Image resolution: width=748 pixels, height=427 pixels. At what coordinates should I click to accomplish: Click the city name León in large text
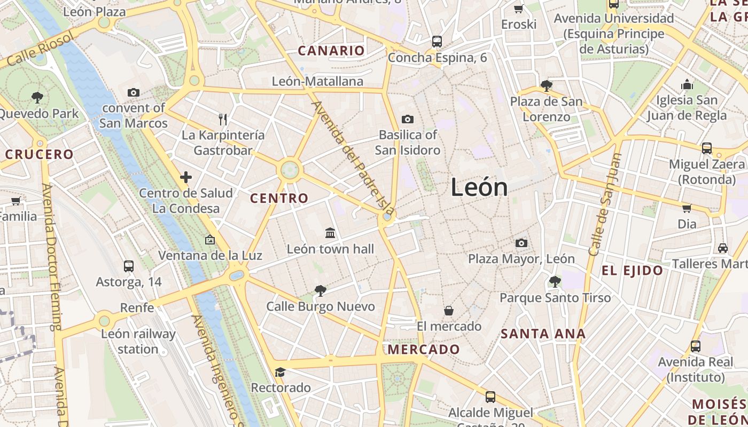pyautogui.click(x=479, y=187)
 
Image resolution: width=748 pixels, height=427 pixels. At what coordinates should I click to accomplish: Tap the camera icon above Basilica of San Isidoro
pyautogui.click(x=408, y=119)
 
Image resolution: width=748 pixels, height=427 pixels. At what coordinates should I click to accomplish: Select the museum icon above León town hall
pyautogui.click(x=330, y=233)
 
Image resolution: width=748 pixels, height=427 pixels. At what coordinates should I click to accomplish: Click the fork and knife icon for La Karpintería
pyautogui.click(x=223, y=119)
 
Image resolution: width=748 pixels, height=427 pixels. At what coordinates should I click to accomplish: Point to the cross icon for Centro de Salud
pyautogui.click(x=186, y=177)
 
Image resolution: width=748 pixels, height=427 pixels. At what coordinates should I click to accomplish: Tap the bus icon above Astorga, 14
pyautogui.click(x=129, y=266)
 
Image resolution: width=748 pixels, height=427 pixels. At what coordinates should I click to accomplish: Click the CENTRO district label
pyautogui.click(x=279, y=198)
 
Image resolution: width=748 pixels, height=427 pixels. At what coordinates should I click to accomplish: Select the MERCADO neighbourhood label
pyautogui.click(x=424, y=350)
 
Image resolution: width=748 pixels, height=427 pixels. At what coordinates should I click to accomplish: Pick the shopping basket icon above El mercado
pyautogui.click(x=449, y=311)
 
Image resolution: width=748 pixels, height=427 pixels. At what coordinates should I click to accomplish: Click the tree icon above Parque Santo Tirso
pyautogui.click(x=555, y=281)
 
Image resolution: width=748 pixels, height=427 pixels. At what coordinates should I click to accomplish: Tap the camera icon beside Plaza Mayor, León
pyautogui.click(x=521, y=243)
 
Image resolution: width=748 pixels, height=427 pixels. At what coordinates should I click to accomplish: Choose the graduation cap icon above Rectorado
pyautogui.click(x=280, y=372)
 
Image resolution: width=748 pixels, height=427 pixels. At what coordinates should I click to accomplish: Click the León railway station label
pyautogui.click(x=138, y=342)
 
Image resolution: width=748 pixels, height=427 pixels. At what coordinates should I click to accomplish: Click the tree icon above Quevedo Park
pyautogui.click(x=37, y=98)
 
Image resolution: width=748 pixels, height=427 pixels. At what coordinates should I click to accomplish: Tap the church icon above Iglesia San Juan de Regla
pyautogui.click(x=687, y=84)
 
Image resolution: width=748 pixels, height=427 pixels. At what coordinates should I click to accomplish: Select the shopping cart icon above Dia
pyautogui.click(x=687, y=208)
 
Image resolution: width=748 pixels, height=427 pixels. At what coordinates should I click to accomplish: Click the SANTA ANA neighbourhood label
pyautogui.click(x=543, y=334)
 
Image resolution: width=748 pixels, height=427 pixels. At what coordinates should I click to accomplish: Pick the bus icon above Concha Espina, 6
pyautogui.click(x=437, y=41)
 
